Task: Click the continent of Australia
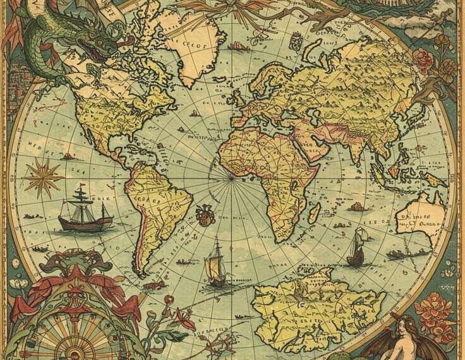click(420, 217)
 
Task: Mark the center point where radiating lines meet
click(231, 177)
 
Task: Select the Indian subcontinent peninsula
click(358, 149)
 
